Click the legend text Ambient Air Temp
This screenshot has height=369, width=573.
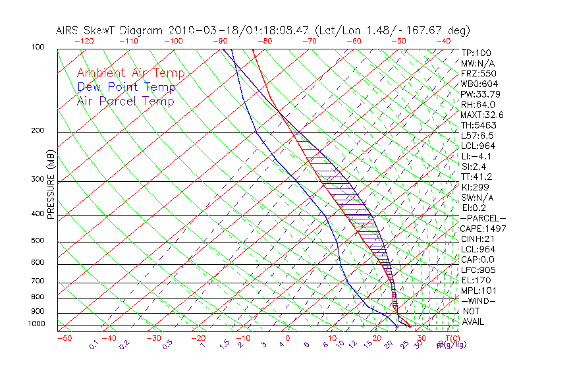click(x=130, y=73)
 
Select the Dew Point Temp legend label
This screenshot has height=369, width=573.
click(x=126, y=87)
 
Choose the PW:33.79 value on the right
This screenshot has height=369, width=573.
click(x=480, y=94)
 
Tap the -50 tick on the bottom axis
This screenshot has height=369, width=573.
click(x=65, y=338)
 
